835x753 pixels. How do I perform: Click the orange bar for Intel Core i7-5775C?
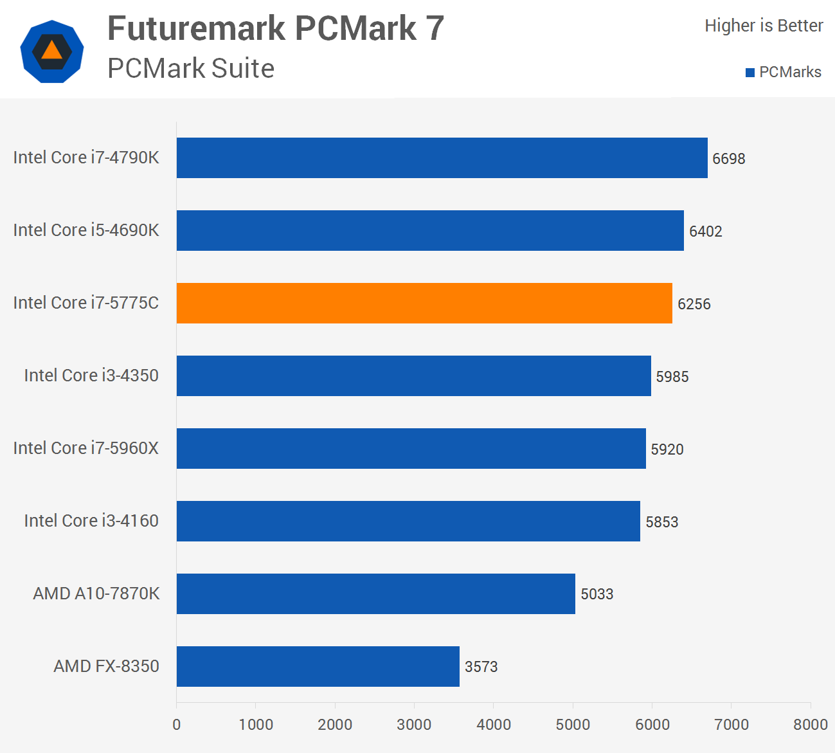coord(424,303)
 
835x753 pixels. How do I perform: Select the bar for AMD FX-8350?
coord(318,666)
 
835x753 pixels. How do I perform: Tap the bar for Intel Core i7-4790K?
coord(442,158)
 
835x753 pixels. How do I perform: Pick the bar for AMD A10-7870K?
coord(376,594)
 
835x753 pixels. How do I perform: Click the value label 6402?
coord(705,231)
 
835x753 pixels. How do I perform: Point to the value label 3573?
coord(481,667)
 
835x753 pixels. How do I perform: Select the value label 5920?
coord(667,449)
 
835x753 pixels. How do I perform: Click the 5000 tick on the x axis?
coord(573,725)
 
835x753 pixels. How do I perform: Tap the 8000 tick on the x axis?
coord(810,725)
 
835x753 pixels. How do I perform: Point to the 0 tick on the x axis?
coord(177,725)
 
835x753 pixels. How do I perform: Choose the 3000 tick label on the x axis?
coord(414,725)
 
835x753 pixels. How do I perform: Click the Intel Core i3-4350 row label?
coord(91,376)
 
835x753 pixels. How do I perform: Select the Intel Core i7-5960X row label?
coord(85,448)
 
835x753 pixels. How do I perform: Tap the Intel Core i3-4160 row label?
coord(91,521)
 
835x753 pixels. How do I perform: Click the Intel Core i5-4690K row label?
coord(85,230)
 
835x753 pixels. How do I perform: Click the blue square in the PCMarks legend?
coord(750,73)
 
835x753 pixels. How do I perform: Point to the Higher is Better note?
coord(764,26)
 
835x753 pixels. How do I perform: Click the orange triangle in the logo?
coord(52,51)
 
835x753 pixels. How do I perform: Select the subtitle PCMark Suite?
coord(191,69)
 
